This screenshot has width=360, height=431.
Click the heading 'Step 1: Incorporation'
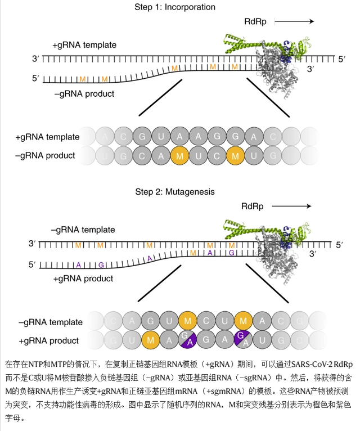click(x=175, y=7)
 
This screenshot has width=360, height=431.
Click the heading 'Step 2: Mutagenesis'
click(x=175, y=192)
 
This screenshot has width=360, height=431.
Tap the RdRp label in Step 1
click(x=255, y=21)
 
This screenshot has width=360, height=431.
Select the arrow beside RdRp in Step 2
click(x=292, y=206)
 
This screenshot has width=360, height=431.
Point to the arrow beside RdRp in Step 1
click(x=294, y=21)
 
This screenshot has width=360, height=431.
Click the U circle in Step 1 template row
click(x=161, y=136)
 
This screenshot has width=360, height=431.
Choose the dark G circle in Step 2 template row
click(x=150, y=322)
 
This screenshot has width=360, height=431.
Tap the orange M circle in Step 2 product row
click(x=150, y=340)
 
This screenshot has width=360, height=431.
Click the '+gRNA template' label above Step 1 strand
click(x=84, y=44)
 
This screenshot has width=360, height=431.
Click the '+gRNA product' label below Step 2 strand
click(x=83, y=278)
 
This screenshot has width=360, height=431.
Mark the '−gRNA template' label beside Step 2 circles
click(x=51, y=322)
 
